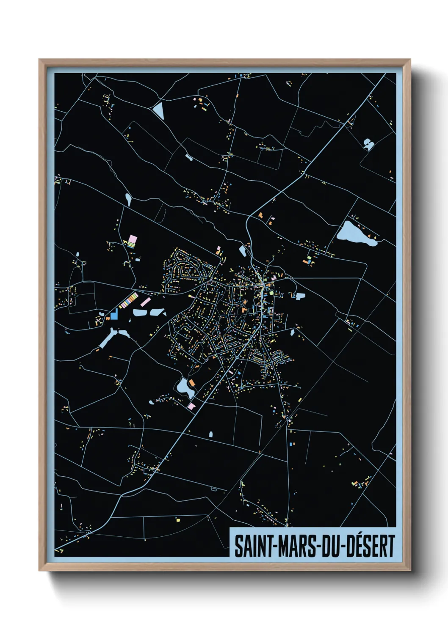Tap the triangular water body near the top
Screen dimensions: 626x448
click(x=158, y=110)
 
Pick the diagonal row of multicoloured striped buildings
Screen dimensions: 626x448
click(x=128, y=300)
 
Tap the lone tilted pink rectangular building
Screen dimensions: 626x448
click(x=145, y=302)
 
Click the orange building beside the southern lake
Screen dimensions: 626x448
click(x=192, y=383)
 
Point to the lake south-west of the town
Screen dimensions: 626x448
click(x=185, y=387)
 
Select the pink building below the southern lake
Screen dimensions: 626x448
click(x=191, y=406)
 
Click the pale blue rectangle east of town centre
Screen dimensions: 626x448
click(x=300, y=296)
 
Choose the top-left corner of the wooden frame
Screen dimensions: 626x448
click(x=39, y=60)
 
